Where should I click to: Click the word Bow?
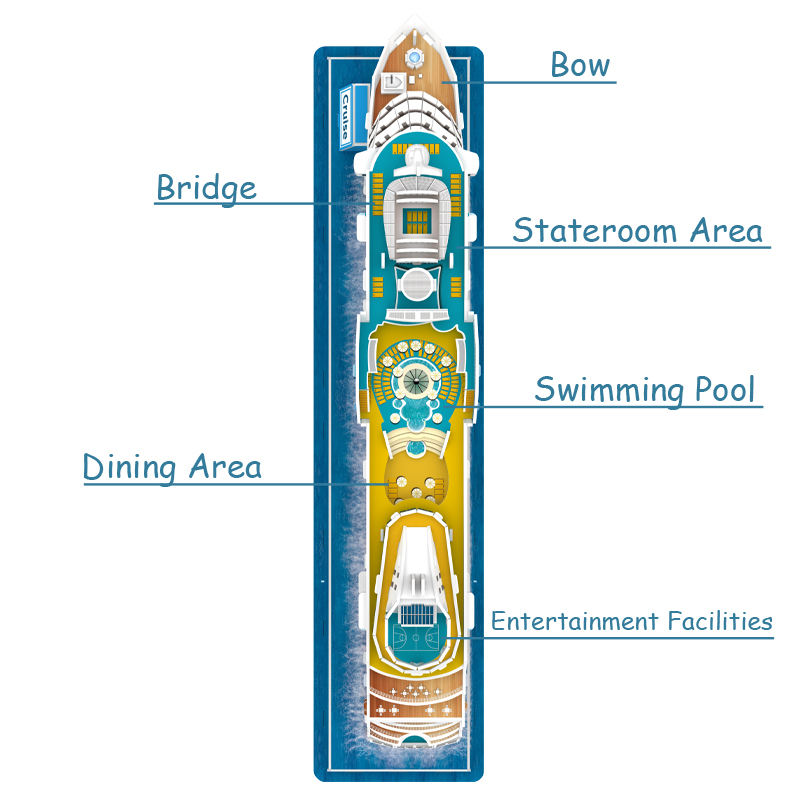pos(580,66)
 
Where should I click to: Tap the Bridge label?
pos(206,188)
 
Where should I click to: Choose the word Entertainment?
pos(574,621)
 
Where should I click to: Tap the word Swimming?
pos(607,390)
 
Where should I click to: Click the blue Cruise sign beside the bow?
pos(344,115)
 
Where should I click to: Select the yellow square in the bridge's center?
pos(418,215)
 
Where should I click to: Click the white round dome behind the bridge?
pos(418,284)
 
